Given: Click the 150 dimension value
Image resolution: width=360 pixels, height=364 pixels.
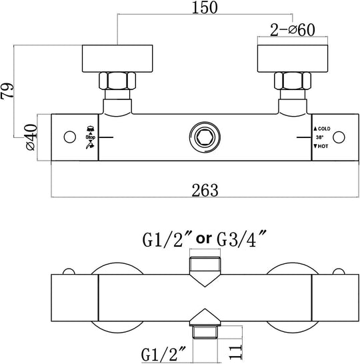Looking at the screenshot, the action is [205, 7].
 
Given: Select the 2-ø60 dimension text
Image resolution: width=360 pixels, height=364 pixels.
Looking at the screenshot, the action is [293, 30].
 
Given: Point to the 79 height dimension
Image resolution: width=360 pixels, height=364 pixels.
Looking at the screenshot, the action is [7, 91].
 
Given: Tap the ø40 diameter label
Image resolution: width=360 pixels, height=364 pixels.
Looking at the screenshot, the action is [31, 137].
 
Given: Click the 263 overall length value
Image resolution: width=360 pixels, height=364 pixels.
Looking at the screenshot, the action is [205, 191].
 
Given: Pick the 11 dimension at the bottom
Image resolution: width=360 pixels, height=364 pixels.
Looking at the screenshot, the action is [236, 352].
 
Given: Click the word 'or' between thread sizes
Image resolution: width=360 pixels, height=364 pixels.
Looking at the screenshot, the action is [204, 239].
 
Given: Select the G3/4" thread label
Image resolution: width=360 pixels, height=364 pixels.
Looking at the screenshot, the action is [241, 239].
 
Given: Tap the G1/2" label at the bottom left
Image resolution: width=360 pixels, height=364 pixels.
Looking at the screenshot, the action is [164, 354].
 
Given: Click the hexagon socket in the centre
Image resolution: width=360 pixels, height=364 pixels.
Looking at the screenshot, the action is [205, 137].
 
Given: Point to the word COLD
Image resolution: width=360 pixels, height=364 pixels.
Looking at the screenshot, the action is [324, 129].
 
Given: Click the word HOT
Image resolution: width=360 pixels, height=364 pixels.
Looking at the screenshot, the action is [323, 146].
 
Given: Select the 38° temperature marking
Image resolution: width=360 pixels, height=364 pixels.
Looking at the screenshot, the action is [319, 137].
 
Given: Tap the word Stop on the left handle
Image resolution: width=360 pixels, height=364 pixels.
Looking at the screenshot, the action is [90, 137].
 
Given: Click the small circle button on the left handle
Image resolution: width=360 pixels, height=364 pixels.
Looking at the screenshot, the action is [69, 137].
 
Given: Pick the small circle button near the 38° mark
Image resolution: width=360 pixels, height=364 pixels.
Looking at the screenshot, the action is [339, 137].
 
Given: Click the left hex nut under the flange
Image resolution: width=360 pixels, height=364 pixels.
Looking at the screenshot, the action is [117, 81].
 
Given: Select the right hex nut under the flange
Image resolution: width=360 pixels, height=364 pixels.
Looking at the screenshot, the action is [293, 81].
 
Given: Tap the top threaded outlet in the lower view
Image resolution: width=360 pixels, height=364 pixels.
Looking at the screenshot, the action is [205, 265].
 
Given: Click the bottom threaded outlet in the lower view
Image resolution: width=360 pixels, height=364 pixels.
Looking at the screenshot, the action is [205, 332].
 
